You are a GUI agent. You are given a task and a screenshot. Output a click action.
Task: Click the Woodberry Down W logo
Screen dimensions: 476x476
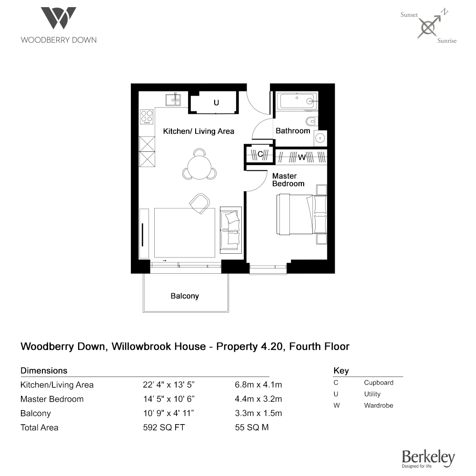tap(59, 18)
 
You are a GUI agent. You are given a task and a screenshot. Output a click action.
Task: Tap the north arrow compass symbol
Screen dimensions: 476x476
tap(429, 27)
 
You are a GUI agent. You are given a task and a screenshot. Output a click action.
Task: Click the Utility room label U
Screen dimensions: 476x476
tap(216, 103)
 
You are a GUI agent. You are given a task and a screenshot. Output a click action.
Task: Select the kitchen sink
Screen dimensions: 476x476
tap(173, 99)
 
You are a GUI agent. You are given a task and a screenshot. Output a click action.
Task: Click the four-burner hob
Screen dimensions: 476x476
tap(147, 117)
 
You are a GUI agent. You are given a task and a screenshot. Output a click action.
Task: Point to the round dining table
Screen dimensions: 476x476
tap(199, 167)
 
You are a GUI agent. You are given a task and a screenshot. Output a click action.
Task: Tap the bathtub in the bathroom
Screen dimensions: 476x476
tap(297, 101)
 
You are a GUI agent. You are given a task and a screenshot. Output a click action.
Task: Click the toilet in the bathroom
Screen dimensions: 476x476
tap(311, 121)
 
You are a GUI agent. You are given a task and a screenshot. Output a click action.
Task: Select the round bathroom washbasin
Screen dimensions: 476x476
tap(320, 138)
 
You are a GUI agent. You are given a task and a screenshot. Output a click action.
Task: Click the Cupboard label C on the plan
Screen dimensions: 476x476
tap(260, 154)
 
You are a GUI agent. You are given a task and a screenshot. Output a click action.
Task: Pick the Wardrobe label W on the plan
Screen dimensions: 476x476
tap(301, 157)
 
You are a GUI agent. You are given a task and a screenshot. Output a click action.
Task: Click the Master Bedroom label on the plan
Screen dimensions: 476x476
tap(288, 180)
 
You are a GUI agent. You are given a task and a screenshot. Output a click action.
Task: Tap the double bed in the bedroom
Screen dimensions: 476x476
tap(301, 214)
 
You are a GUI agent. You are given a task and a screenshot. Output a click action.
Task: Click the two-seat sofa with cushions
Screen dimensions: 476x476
tap(231, 230)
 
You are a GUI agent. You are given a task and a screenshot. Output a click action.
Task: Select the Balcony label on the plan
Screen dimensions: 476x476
tap(185, 296)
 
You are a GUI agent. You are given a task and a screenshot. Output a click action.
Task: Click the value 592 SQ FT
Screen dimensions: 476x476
tap(164, 427)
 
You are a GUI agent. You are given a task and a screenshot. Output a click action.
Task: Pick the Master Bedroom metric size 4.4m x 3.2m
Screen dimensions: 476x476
tap(258, 399)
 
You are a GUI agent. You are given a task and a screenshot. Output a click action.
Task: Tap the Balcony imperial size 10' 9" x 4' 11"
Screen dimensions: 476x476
tap(169, 413)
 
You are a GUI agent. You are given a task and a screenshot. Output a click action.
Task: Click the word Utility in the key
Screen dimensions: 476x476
tap(372, 394)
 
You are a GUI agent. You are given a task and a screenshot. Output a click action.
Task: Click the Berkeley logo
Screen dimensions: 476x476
tap(428, 458)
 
